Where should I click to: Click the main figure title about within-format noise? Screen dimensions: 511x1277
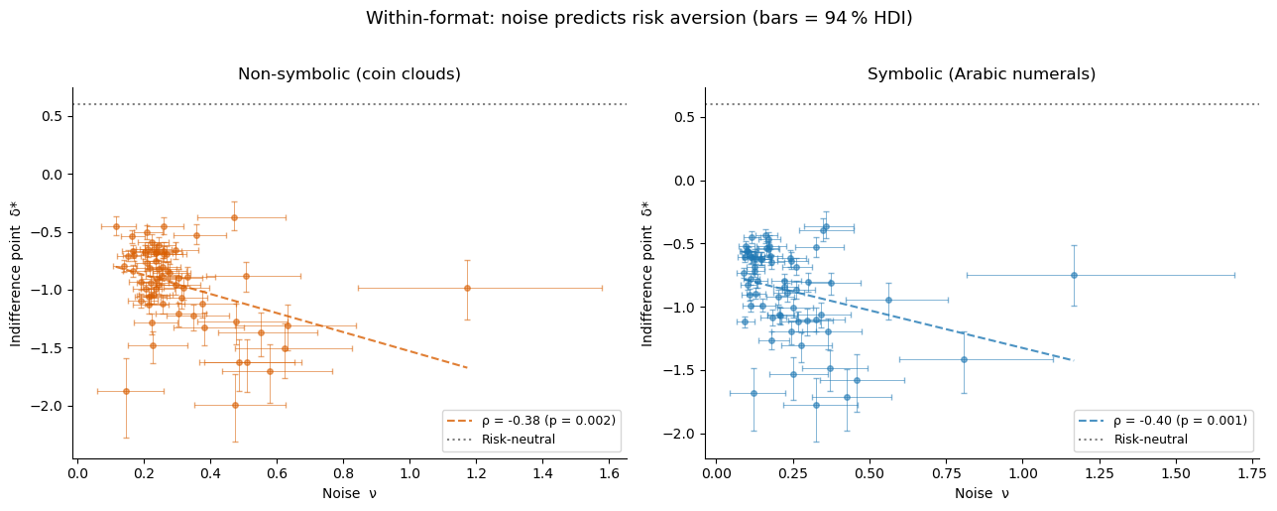click(638, 19)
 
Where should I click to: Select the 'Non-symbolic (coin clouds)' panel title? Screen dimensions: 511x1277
click(349, 74)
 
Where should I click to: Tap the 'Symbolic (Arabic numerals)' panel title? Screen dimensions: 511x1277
click(981, 74)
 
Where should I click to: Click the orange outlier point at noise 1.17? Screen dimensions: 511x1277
click(467, 288)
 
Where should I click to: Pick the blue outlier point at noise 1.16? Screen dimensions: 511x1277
click(1074, 275)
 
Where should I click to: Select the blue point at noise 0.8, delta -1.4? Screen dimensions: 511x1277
click(964, 359)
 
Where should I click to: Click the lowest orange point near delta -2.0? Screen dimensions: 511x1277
click(235, 405)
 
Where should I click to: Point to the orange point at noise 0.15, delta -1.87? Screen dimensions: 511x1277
click(126, 391)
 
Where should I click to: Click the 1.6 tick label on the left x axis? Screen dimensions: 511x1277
click(610, 473)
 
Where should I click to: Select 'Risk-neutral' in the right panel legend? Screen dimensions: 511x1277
click(1150, 440)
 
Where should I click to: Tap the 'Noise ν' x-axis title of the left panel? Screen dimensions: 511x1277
click(349, 494)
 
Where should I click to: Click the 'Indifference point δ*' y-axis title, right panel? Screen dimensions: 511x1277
click(647, 273)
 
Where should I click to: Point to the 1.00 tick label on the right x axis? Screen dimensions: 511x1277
click(1023, 473)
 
